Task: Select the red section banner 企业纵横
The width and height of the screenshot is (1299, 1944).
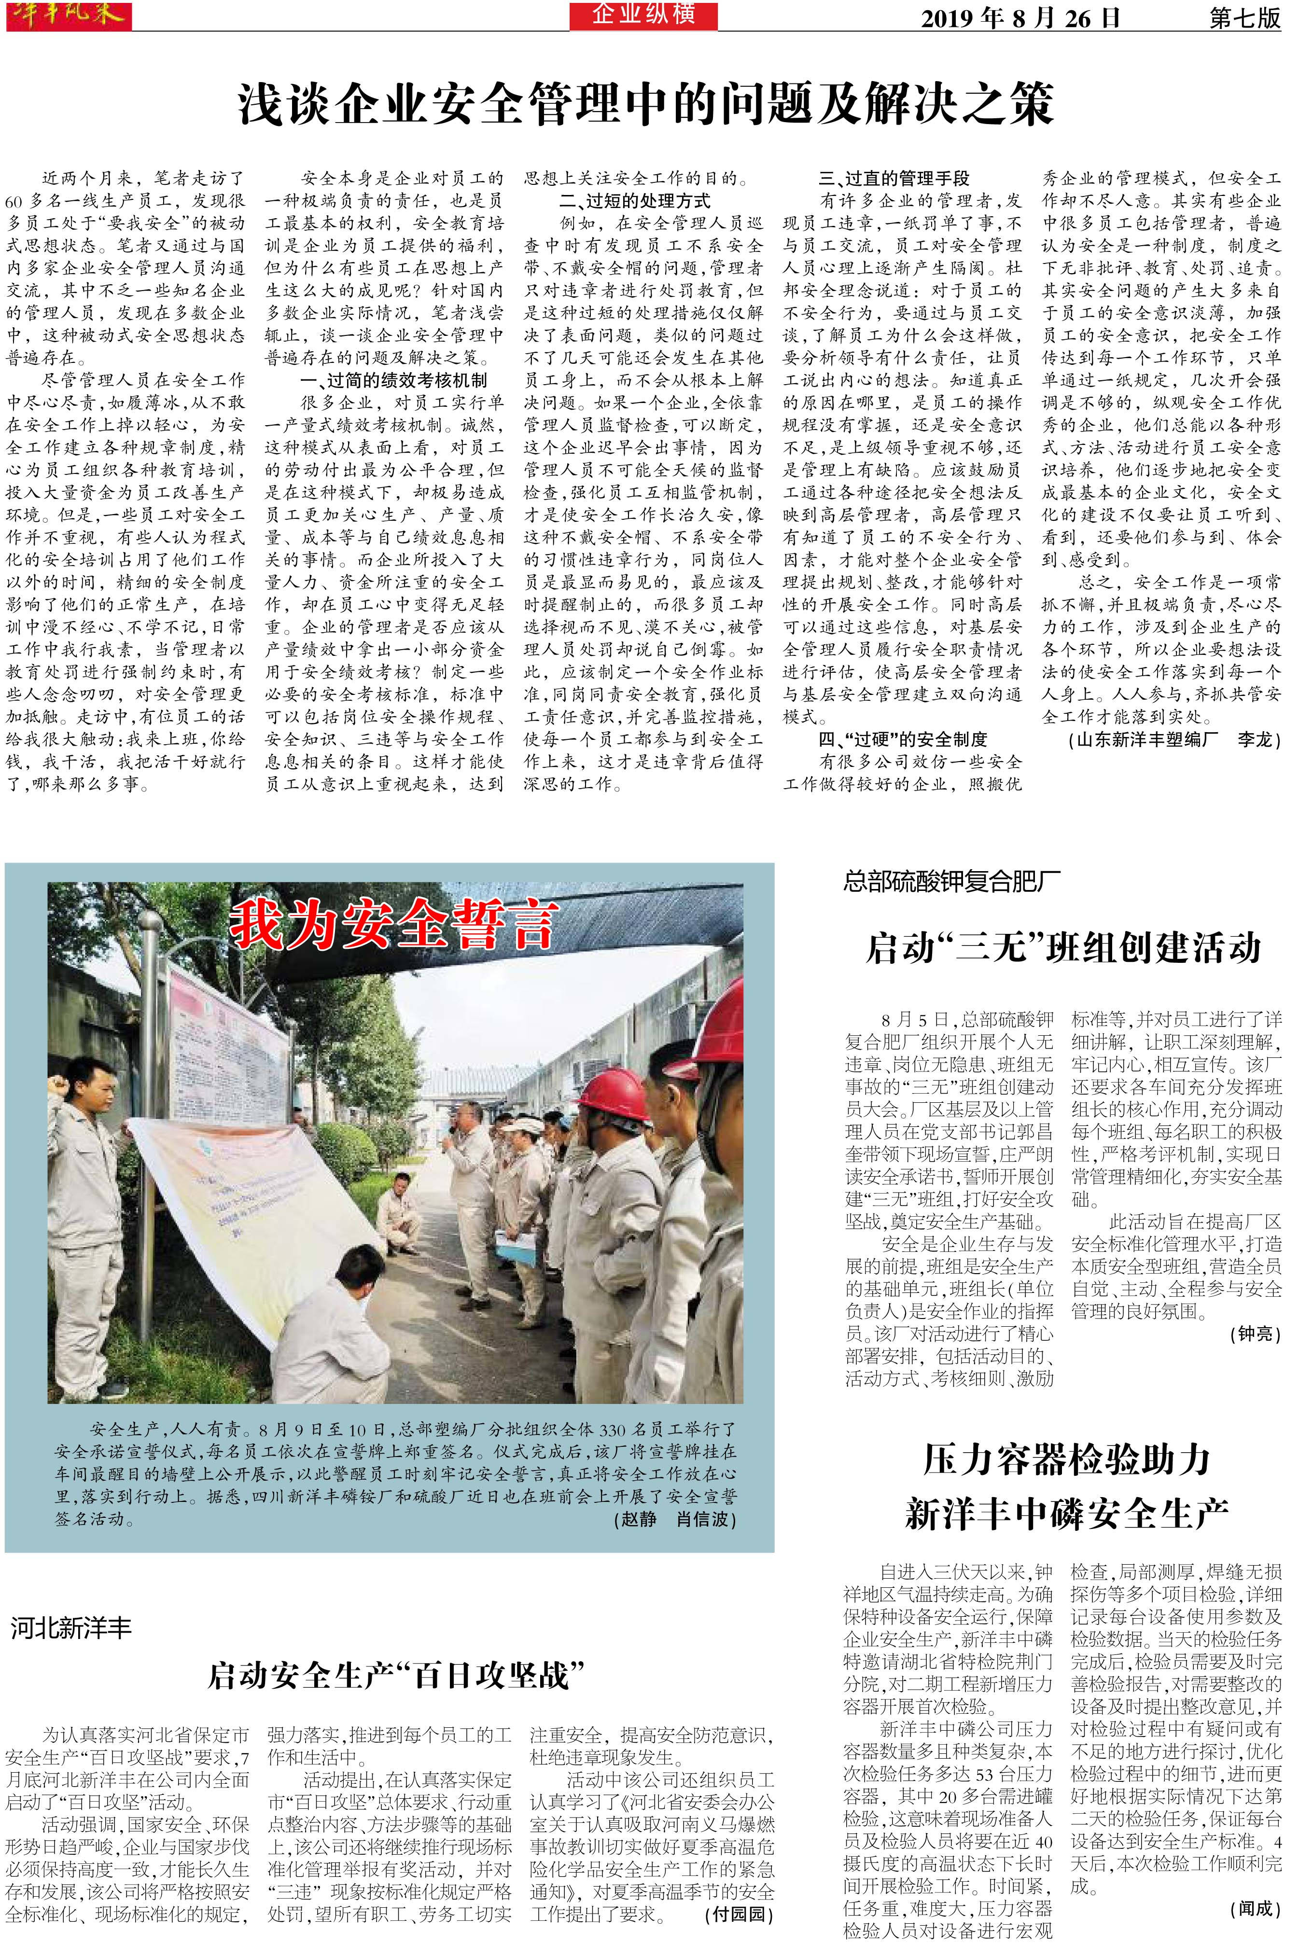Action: (x=643, y=15)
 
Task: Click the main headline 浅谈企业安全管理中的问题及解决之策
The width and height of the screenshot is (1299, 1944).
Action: (x=646, y=104)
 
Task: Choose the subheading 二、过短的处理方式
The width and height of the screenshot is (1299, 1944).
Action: (x=635, y=200)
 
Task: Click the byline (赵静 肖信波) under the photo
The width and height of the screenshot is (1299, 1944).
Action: (x=674, y=1519)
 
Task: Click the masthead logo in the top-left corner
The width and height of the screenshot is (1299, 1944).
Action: (x=68, y=15)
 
